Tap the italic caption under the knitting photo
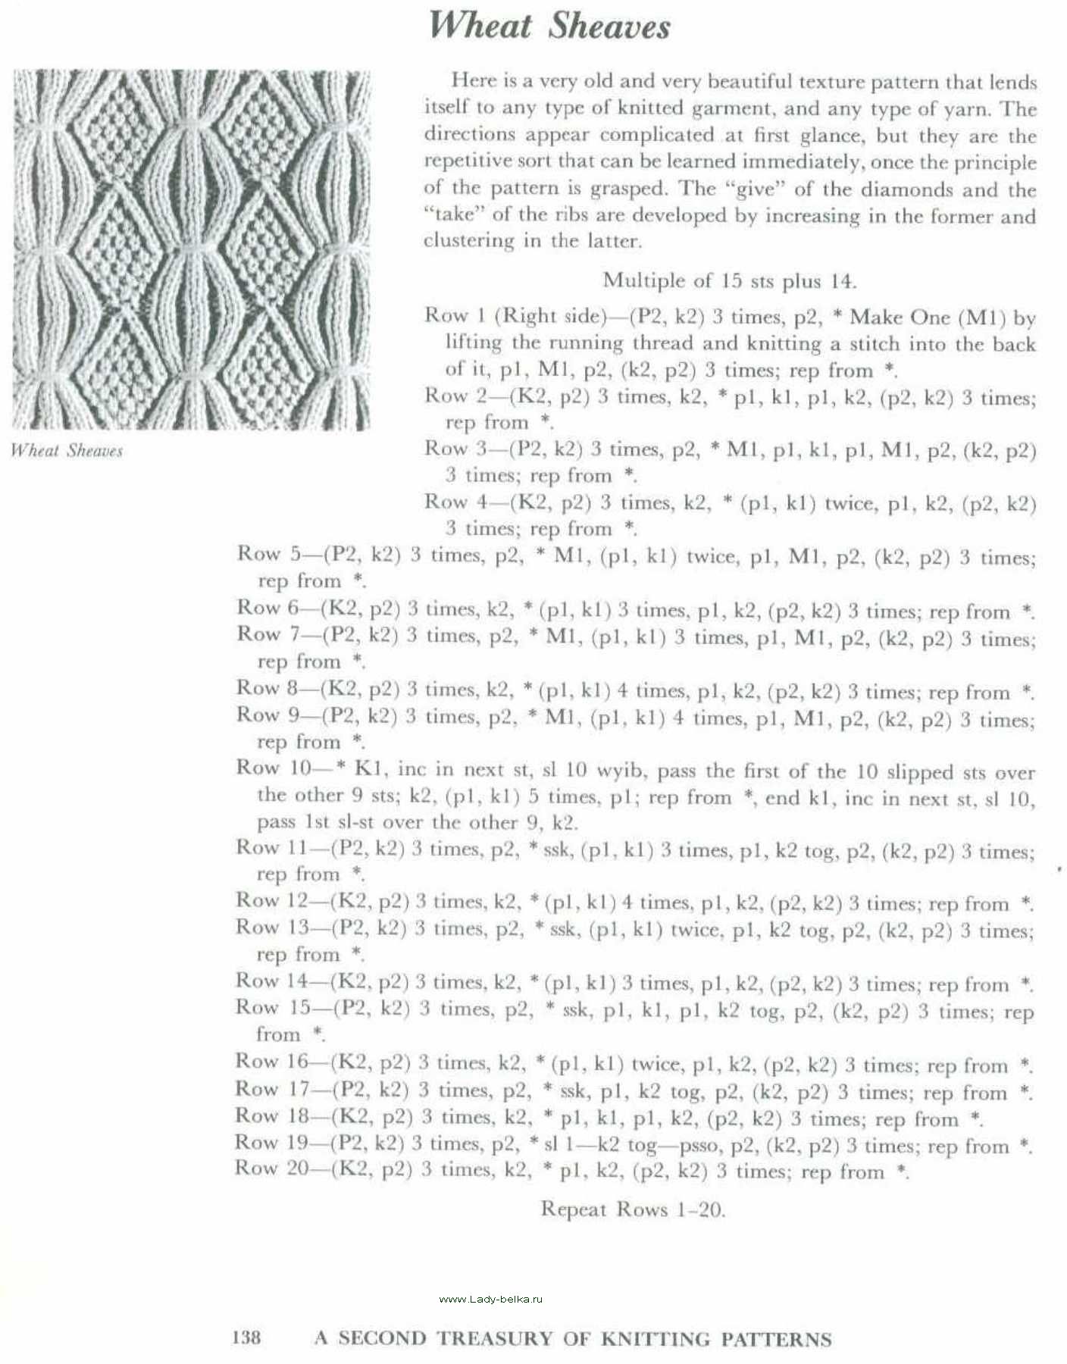tap(67, 451)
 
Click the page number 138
tap(246, 1337)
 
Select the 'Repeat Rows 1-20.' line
tap(633, 1209)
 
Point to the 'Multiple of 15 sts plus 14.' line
tap(729, 281)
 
